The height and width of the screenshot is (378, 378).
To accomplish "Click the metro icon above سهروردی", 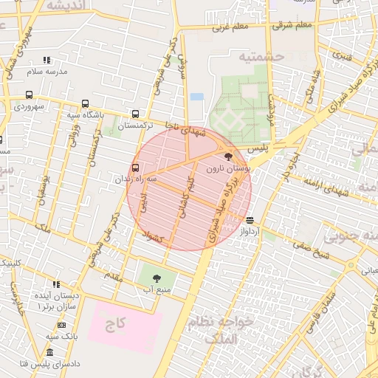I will click(x=29, y=94).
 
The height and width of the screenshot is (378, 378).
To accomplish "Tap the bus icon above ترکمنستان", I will click(x=134, y=114).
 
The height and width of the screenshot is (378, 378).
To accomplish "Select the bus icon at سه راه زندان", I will click(x=135, y=168).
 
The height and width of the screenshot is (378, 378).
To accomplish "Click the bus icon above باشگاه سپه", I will click(x=86, y=104).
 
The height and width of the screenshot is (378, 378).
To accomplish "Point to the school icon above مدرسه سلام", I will click(x=47, y=60).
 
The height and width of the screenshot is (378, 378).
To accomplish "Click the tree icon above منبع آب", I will click(x=156, y=278).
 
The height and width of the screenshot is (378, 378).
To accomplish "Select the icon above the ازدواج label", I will click(x=250, y=220).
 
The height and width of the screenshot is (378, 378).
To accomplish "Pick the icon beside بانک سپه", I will click(x=61, y=325).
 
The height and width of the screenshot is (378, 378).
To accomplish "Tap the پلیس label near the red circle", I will click(x=255, y=149).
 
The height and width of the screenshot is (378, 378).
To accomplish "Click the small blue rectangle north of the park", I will click(x=196, y=96).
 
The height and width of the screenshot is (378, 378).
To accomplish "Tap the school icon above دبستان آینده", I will click(x=56, y=283).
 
